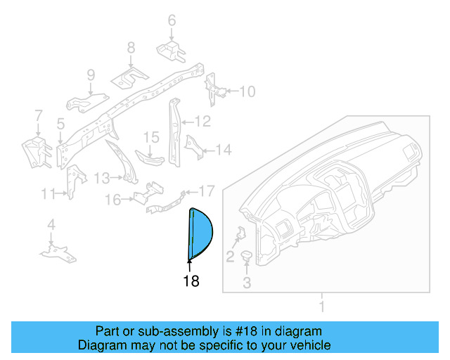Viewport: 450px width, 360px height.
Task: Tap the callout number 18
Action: (x=190, y=281)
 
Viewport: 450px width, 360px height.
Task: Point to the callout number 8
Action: (x=131, y=48)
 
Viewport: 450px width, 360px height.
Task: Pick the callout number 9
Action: (x=91, y=75)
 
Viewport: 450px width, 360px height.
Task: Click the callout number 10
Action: (x=247, y=91)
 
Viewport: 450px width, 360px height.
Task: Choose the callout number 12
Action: (x=202, y=122)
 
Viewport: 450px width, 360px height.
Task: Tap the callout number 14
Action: (x=223, y=149)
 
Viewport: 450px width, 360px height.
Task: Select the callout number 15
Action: (x=152, y=136)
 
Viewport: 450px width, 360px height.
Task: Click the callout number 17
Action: (x=205, y=191)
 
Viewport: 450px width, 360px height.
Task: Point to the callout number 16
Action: (x=113, y=200)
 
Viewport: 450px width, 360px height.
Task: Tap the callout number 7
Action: (x=38, y=115)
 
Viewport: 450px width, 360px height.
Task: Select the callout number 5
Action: (x=61, y=124)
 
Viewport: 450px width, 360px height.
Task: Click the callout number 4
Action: (x=51, y=225)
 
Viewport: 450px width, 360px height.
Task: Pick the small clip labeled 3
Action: (x=247, y=257)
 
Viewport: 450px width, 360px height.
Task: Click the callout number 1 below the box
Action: (x=322, y=307)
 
